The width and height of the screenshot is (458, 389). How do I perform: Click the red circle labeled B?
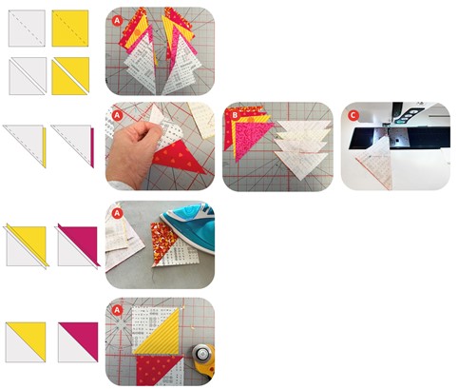click(x=235, y=115)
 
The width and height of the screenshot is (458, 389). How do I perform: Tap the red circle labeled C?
click(x=353, y=115)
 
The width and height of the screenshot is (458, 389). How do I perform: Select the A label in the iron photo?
click(x=117, y=214)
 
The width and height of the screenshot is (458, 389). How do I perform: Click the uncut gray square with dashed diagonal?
click(x=27, y=29)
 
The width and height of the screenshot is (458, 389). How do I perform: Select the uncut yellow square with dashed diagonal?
click(x=70, y=29)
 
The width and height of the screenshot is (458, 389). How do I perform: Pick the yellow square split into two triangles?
click(x=70, y=76)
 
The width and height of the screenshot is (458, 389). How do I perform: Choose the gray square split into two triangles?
click(x=28, y=76)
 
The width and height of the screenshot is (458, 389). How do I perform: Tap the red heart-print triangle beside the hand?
click(x=179, y=158)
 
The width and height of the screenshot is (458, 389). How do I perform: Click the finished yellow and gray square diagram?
click(x=26, y=342)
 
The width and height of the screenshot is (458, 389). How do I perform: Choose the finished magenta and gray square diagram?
click(x=78, y=342)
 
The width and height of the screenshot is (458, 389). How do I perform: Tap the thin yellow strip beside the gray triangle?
click(x=45, y=147)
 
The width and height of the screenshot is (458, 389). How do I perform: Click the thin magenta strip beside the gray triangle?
click(x=92, y=147)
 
